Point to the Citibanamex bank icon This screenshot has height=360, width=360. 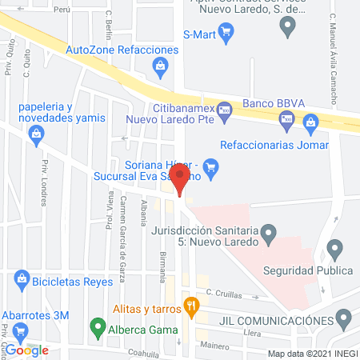[225, 109]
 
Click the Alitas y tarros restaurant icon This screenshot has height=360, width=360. [190, 305]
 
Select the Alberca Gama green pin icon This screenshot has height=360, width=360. [97, 326]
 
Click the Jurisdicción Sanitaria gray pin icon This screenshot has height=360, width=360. [270, 233]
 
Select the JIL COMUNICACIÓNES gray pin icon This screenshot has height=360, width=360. [343, 320]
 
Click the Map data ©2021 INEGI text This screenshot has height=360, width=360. [311, 354]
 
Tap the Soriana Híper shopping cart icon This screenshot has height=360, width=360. [211, 167]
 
